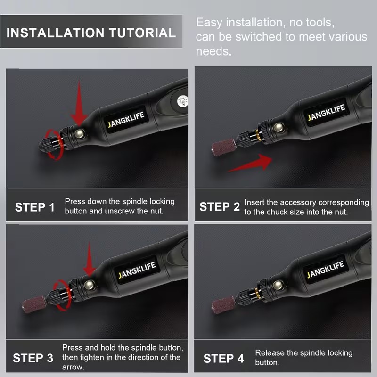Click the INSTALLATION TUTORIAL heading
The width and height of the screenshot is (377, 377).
click(91, 33)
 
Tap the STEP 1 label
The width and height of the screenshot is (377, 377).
click(35, 207)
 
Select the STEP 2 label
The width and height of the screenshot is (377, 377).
click(220, 207)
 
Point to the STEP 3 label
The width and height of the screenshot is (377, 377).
click(33, 358)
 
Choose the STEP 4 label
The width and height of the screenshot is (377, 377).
click(223, 359)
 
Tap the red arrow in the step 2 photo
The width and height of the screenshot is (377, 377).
click(250, 163)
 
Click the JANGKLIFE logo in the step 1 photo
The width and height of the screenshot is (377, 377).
click(126, 119)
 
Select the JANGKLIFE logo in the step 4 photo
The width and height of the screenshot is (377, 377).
click(325, 270)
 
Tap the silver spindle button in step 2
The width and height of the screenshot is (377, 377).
click(279, 127)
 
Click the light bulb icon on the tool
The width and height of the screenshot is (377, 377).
click(183, 101)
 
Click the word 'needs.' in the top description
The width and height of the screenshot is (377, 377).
click(214, 51)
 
